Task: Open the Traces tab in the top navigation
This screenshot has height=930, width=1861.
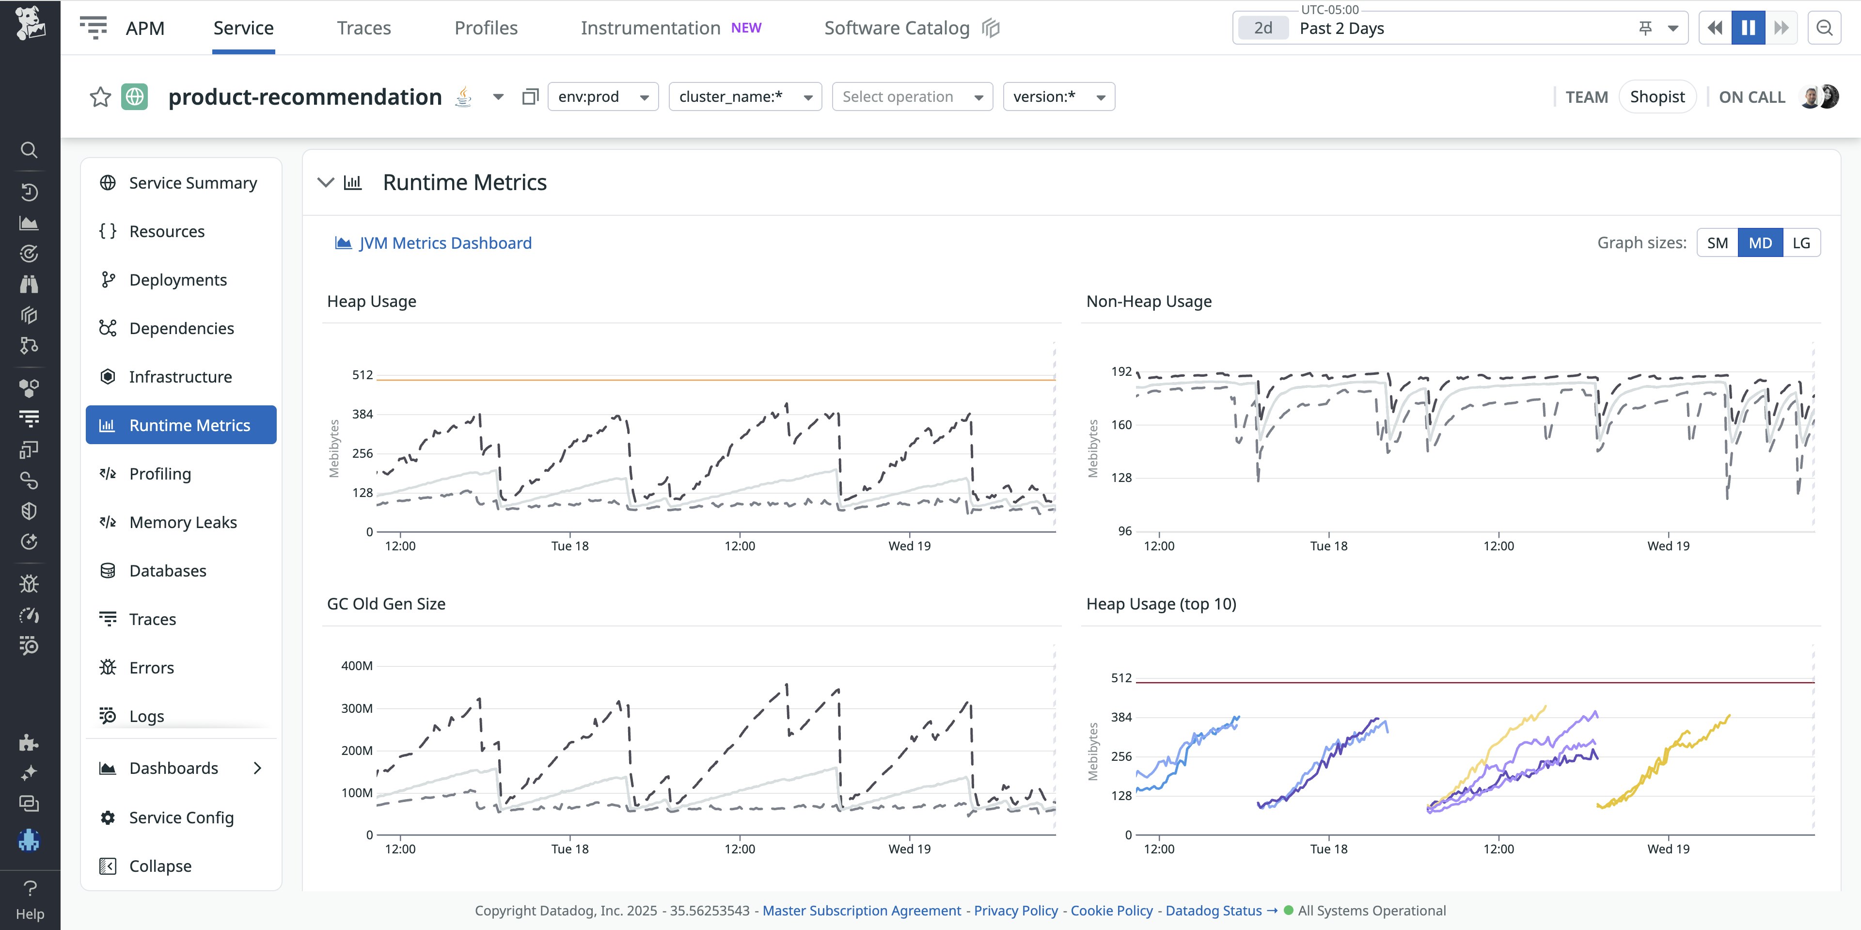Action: click(363, 28)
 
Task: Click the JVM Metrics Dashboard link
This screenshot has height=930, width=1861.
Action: click(444, 243)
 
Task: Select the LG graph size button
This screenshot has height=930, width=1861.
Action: click(1801, 243)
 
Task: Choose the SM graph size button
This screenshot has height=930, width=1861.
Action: click(1717, 243)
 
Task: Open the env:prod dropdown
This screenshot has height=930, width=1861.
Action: click(602, 97)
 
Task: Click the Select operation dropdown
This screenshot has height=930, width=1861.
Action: click(912, 97)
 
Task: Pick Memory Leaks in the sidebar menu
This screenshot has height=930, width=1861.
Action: click(183, 522)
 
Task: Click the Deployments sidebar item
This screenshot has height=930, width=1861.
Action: click(178, 280)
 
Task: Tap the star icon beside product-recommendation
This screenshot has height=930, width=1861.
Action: click(100, 97)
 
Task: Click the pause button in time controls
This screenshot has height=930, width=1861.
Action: click(1748, 28)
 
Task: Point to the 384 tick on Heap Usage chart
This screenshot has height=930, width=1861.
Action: click(362, 414)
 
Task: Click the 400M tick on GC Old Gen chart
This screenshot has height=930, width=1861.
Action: click(357, 666)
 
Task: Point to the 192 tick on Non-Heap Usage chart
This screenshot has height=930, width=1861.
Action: click(1121, 371)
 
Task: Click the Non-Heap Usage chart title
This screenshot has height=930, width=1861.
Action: click(1149, 301)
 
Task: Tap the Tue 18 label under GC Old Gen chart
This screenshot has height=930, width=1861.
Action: click(569, 849)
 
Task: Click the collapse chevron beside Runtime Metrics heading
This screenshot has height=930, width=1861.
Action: click(326, 183)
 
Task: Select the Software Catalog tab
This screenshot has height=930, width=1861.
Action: click(897, 28)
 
